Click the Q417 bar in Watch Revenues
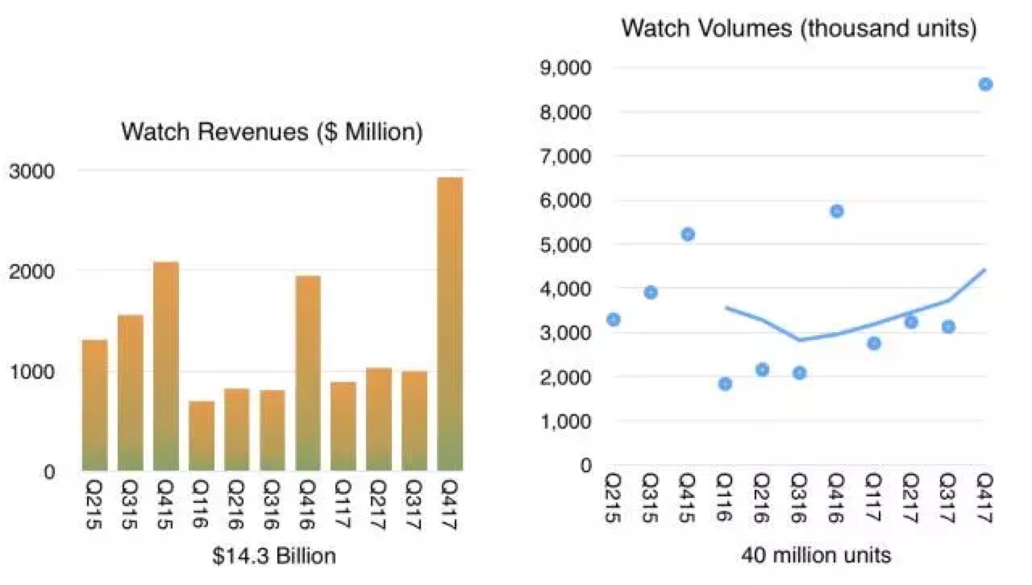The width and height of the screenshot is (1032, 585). tap(450, 322)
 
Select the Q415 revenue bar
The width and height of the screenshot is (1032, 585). tap(166, 366)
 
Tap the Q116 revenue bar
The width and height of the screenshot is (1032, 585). tap(202, 435)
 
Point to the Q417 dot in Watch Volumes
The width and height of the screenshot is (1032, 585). tap(985, 84)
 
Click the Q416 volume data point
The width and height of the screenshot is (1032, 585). tap(837, 211)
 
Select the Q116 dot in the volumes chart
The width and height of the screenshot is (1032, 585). tap(725, 384)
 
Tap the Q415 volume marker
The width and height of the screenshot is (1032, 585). tap(688, 234)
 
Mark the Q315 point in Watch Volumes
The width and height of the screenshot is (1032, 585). tap(651, 292)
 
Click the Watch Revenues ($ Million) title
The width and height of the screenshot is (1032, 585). tap(272, 132)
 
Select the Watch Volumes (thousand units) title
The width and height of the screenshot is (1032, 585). tap(799, 29)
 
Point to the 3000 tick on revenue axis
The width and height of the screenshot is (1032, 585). tap(31, 171)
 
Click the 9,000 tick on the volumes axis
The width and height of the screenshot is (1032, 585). tap(568, 68)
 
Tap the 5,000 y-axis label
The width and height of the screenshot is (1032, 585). tap(568, 244)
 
